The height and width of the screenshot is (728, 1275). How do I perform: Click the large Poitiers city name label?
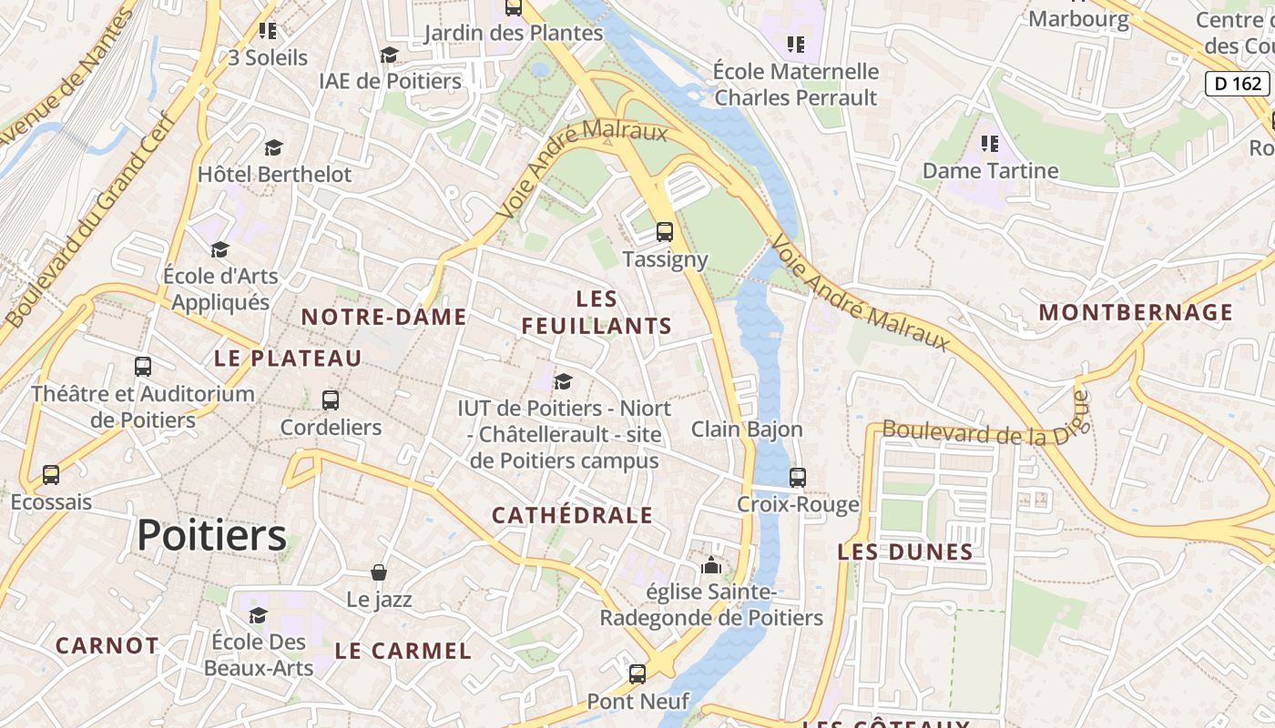(x=211, y=535)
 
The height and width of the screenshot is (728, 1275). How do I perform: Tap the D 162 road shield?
(x=1237, y=84)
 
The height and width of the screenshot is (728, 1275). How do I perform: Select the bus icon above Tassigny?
(x=665, y=232)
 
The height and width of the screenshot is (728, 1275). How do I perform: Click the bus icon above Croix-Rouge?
(x=798, y=477)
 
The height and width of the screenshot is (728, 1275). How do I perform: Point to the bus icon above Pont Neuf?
(x=637, y=674)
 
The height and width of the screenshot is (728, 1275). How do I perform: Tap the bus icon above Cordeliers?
(x=331, y=399)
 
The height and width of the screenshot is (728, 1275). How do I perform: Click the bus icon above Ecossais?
(x=51, y=475)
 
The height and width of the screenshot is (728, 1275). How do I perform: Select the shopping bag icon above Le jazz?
(x=379, y=572)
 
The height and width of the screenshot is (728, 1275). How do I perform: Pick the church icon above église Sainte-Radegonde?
(x=711, y=565)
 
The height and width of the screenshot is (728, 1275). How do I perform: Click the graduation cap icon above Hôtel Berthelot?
(x=273, y=147)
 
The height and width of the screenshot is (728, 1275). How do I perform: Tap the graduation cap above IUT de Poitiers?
(x=564, y=381)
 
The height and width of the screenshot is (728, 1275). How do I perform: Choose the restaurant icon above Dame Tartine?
(x=990, y=144)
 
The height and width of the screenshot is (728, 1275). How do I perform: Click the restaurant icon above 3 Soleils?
(x=268, y=31)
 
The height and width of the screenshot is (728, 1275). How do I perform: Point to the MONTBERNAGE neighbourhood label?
(x=1136, y=312)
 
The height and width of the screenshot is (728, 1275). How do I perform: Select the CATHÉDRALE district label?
(x=572, y=515)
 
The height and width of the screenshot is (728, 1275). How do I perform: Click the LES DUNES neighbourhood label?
(x=904, y=551)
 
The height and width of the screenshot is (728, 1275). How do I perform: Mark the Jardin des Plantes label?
(x=514, y=33)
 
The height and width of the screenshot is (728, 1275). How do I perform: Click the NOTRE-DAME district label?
(x=383, y=317)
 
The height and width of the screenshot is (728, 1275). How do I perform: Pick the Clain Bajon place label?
(x=747, y=429)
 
